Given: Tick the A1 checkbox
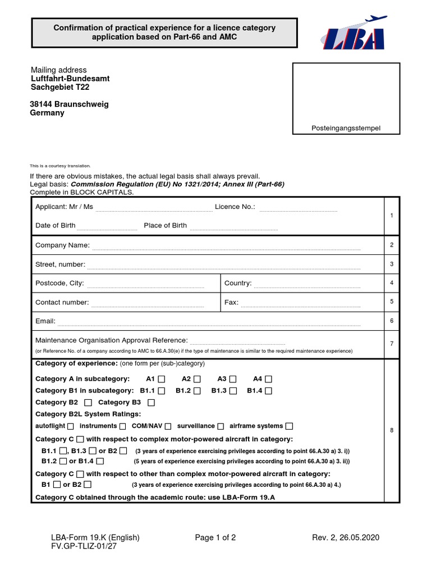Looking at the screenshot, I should click(162, 379).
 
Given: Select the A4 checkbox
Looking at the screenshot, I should click(269, 379).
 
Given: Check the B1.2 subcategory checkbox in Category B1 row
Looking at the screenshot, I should click(197, 391).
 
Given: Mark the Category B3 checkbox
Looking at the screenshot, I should click(151, 403).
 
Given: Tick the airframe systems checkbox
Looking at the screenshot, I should click(289, 426).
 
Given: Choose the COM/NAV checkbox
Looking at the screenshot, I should click(167, 426).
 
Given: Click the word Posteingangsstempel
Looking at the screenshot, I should click(346, 129).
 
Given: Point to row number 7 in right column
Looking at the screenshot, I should click(391, 343).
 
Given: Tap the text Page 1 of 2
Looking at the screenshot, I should click(215, 537).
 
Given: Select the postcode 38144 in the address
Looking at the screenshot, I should click(40, 104).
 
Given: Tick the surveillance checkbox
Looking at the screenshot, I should click(221, 426).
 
